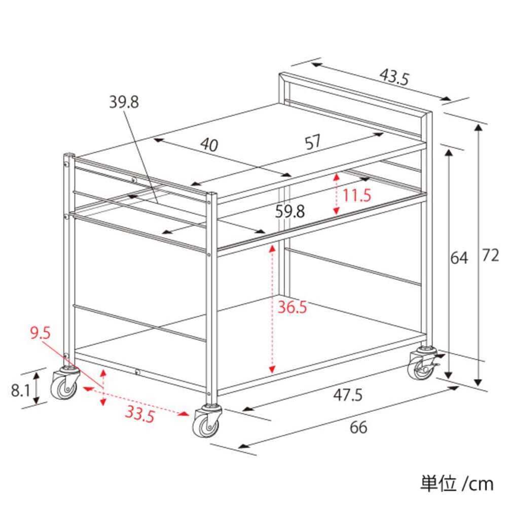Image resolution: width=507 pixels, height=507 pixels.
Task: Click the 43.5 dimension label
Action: coord(394,77)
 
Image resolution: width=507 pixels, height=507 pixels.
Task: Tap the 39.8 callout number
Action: coord(124,102)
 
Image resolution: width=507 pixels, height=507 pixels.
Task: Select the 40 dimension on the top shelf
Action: coord(209,144)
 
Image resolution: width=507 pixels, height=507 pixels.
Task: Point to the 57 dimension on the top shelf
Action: coord(313,142)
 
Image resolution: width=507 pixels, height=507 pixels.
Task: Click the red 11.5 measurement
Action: coord(356,195)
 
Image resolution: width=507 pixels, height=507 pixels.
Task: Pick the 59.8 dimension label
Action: coord(289,211)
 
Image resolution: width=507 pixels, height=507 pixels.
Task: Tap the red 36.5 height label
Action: coord(292,307)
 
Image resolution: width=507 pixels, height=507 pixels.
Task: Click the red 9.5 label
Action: coord(41,333)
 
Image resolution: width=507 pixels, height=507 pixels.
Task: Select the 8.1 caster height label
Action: coord(20,390)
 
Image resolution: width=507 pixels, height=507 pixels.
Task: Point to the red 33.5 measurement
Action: coord(140,414)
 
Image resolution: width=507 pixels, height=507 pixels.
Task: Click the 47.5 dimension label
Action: coord(348,395)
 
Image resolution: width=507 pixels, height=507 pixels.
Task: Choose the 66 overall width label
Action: coord(358,427)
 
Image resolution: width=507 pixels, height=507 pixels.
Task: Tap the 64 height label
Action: coord(459,258)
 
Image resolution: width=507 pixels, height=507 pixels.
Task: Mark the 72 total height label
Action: coord(490,256)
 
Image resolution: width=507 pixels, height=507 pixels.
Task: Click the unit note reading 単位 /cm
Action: coord(457,484)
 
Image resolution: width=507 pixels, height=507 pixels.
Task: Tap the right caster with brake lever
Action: coord(423,364)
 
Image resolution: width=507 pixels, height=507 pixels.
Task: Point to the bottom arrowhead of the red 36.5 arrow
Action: coord(272,370)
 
